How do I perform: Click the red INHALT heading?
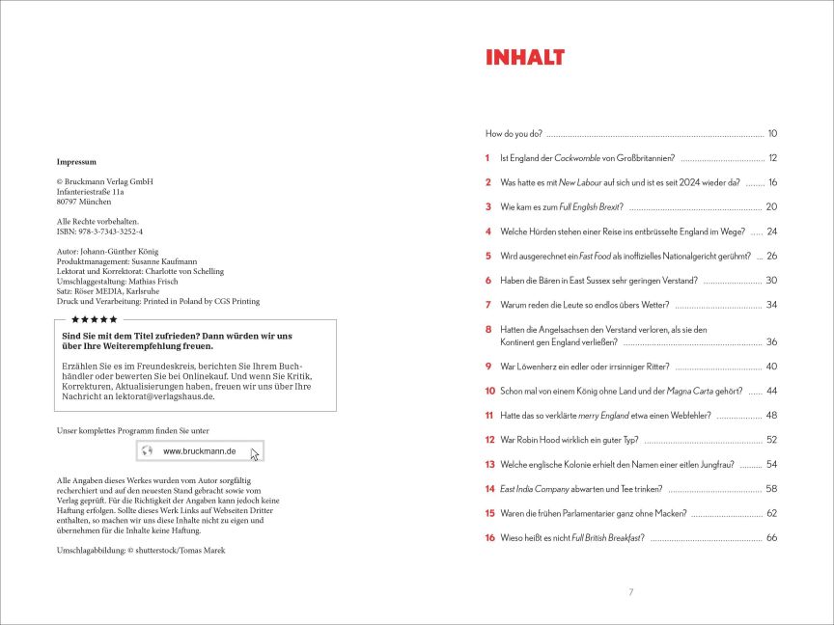point(524,58)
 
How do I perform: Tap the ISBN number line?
point(100,231)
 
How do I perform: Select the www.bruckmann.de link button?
point(200,450)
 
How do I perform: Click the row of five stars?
point(95,319)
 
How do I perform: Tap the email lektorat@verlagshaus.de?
point(154,396)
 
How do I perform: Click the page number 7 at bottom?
point(630,591)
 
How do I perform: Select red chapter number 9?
point(489,367)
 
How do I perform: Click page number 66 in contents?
point(771,537)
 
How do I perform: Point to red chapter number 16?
point(490,537)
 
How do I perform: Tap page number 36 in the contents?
point(771,341)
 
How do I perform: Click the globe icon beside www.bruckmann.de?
point(148,450)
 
